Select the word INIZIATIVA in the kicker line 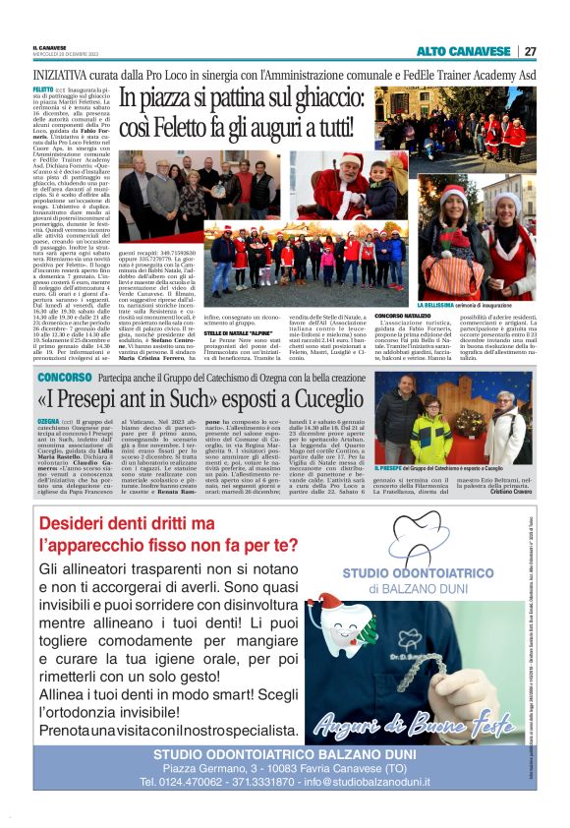(x=61, y=73)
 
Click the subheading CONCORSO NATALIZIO (x=404, y=316)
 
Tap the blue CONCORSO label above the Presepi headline (x=65, y=377)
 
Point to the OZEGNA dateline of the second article (x=47, y=420)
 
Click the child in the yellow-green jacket (x=431, y=432)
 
